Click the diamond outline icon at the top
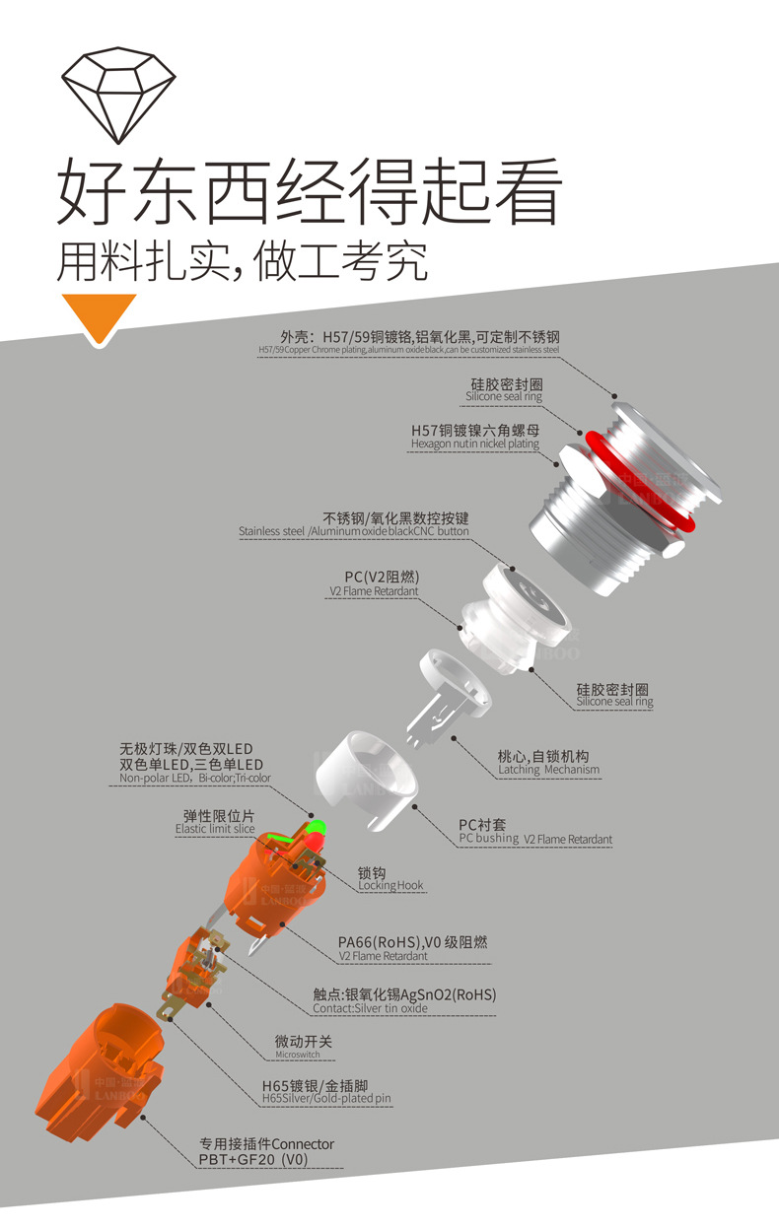[x=119, y=94]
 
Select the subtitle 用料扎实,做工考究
[x=243, y=260]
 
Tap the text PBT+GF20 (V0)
[x=253, y=1160]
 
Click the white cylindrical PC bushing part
[x=367, y=768]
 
